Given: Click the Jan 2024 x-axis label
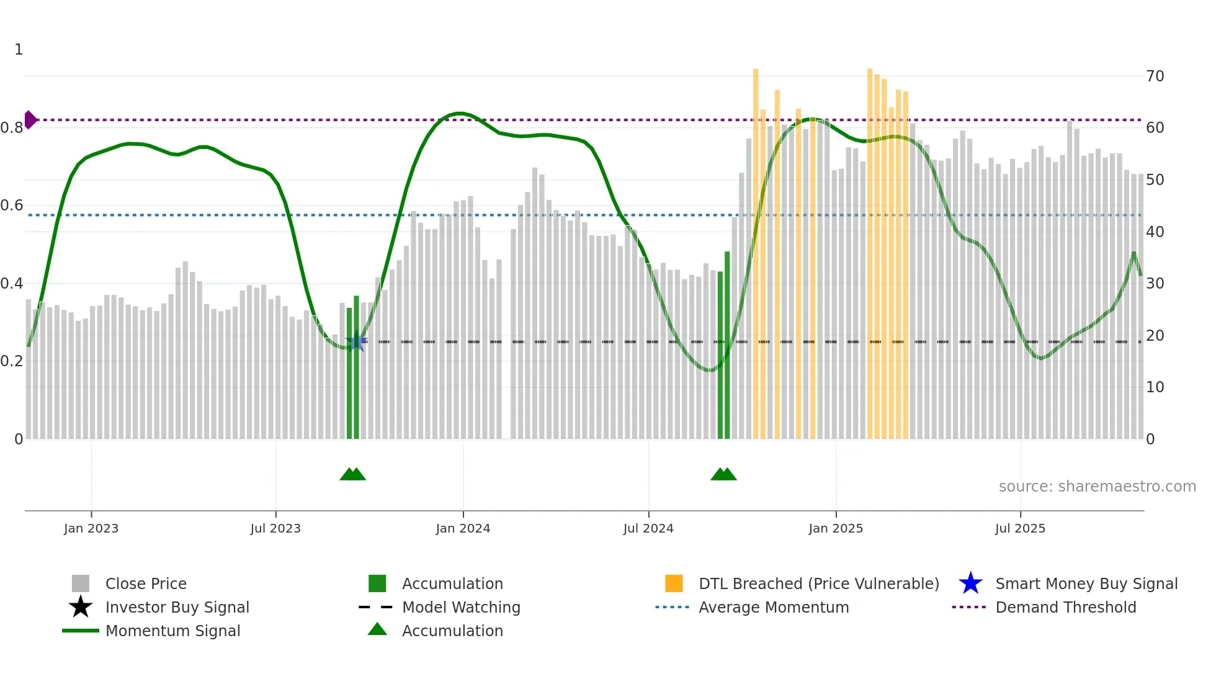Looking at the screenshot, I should pyautogui.click(x=463, y=528).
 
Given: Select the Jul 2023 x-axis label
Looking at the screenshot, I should pyautogui.click(x=275, y=528).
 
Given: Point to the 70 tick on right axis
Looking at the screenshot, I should pyautogui.click(x=1155, y=76).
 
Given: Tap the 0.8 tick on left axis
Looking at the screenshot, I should pyautogui.click(x=12, y=128).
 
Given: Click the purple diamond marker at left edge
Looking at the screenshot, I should pyautogui.click(x=30, y=120).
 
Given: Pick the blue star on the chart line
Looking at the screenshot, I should pyautogui.click(x=356, y=342).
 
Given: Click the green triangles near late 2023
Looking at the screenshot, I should pyautogui.click(x=352, y=474).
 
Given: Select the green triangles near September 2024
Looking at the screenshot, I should pyautogui.click(x=723, y=474).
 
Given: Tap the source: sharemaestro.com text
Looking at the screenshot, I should pyautogui.click(x=1097, y=487).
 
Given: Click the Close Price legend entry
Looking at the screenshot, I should pyautogui.click(x=146, y=583).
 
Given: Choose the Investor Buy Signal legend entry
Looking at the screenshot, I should pyautogui.click(x=177, y=607).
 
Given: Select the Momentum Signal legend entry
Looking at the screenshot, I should pyautogui.click(x=172, y=631).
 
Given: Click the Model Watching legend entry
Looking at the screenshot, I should pyautogui.click(x=461, y=607).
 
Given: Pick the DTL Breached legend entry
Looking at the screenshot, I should pyautogui.click(x=818, y=583).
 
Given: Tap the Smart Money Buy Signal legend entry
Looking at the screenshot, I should pyautogui.click(x=1086, y=583).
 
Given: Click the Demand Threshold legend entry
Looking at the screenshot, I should pyautogui.click(x=1065, y=607).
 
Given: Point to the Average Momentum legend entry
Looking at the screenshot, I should pyautogui.click(x=773, y=607).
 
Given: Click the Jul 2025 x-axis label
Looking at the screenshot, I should pyautogui.click(x=1020, y=528).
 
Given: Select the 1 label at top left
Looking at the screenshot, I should pyautogui.click(x=19, y=50).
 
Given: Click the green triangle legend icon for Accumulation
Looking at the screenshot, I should pyautogui.click(x=377, y=629).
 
